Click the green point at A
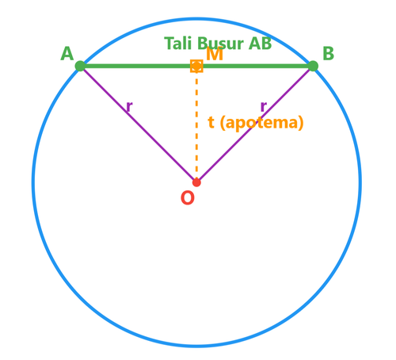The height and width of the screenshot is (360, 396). click(80, 66)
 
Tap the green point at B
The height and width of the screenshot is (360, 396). click(313, 66)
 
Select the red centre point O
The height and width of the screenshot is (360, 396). click(196, 182)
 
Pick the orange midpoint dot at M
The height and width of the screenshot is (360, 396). click(196, 66)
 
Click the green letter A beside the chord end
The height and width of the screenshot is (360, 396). click(67, 54)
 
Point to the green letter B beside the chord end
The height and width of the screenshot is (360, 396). click(328, 54)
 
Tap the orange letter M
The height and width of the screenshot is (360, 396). click(215, 54)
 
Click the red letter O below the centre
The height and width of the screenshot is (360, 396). click(188, 197)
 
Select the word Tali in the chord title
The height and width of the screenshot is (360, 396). click(177, 44)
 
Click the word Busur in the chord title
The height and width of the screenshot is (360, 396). click(220, 44)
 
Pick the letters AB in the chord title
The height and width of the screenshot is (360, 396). click(260, 44)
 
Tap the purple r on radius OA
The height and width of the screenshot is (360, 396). click(129, 106)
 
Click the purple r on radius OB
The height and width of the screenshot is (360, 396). click(264, 106)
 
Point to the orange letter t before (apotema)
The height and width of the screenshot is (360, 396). click(211, 122)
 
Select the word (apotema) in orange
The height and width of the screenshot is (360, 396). click(261, 123)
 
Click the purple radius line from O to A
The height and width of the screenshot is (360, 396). click(139, 124)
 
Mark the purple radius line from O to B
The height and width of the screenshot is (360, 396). click(255, 124)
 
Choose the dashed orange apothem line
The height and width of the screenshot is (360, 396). click(196, 124)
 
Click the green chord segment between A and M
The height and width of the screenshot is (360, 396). click(138, 66)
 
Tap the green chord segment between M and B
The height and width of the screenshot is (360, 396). click(255, 66)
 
